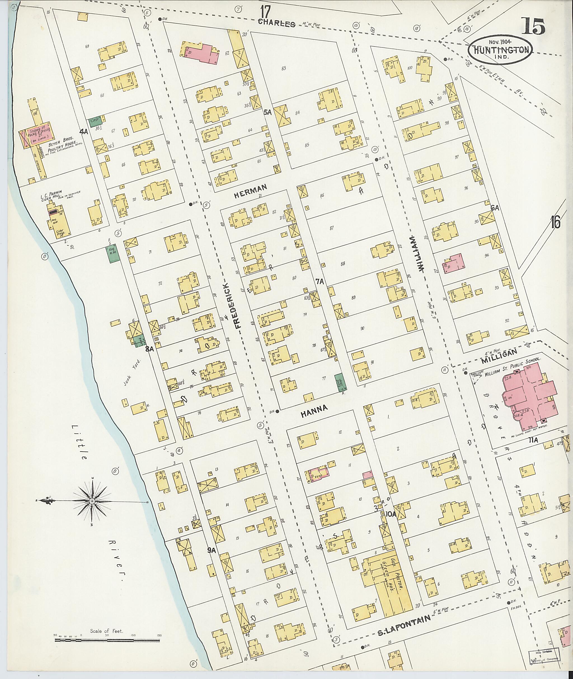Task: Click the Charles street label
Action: point(276,24)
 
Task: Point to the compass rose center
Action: point(92,501)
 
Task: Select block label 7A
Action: point(320,281)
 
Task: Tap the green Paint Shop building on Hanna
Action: point(340,382)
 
